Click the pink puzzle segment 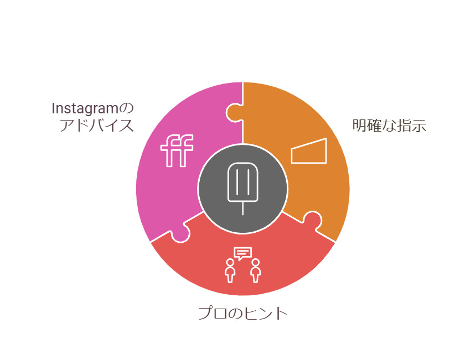[166, 182]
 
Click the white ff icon [177, 151]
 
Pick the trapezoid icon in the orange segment [309, 151]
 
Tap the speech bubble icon [242, 254]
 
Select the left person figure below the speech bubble [230, 271]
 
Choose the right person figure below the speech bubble [255, 271]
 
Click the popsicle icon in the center [242, 183]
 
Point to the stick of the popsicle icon [242, 208]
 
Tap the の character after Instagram [128, 107]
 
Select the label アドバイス [97, 126]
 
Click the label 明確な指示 [389, 126]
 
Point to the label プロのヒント [243, 314]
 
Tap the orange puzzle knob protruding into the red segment [312, 220]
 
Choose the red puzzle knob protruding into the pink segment [180, 234]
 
